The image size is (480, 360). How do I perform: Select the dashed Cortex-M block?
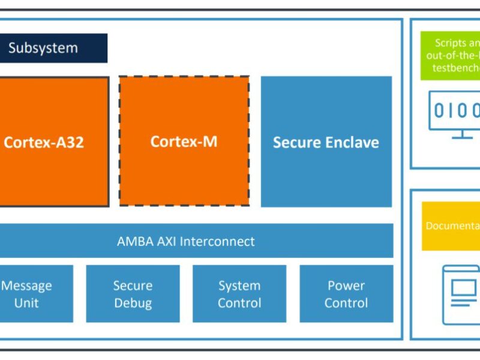(184, 142)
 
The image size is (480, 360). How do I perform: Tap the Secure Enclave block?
(326, 142)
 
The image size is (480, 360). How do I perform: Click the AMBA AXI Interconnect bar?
(196, 241)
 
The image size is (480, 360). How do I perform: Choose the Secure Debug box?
(133, 294)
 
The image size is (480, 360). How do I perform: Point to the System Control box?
(239, 294)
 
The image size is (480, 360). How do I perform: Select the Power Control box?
(346, 294)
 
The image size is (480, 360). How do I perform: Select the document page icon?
(461, 294)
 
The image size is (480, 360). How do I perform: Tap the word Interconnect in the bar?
(217, 241)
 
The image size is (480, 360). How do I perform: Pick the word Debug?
(133, 303)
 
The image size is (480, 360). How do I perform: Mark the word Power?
(346, 286)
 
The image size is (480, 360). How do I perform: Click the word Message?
(26, 286)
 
